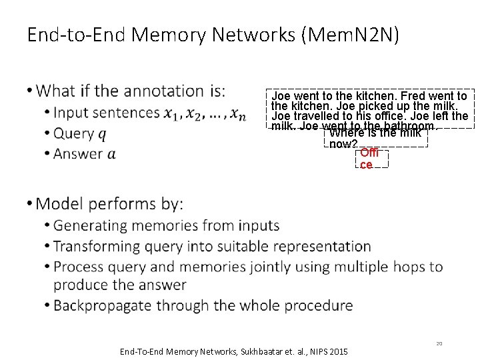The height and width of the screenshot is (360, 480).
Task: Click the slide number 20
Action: pos(439,343)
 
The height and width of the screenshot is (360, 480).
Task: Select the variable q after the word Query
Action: pos(102,133)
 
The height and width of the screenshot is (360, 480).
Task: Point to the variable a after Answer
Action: pos(111,154)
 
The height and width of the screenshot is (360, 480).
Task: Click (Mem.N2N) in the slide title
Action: pos(351,34)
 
